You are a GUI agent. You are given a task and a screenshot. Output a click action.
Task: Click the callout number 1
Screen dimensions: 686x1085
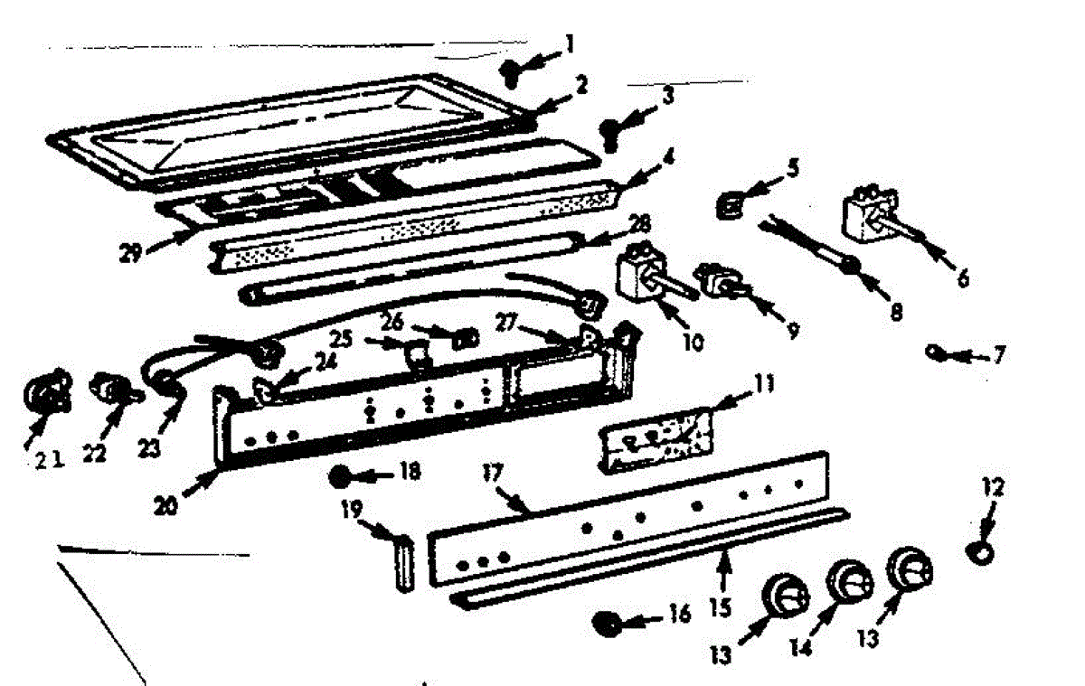pyautogui.click(x=570, y=42)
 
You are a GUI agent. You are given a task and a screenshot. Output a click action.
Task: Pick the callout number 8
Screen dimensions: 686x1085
pyautogui.click(x=895, y=312)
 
